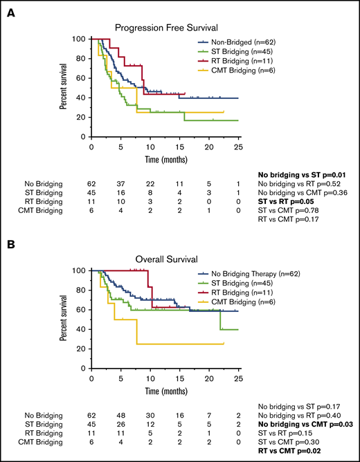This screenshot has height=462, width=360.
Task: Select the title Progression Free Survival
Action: (163, 28)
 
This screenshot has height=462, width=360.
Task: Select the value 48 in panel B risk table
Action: (120, 414)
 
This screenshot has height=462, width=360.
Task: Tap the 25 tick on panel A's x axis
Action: (239, 147)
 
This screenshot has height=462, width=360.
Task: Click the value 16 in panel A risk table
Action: (120, 191)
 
